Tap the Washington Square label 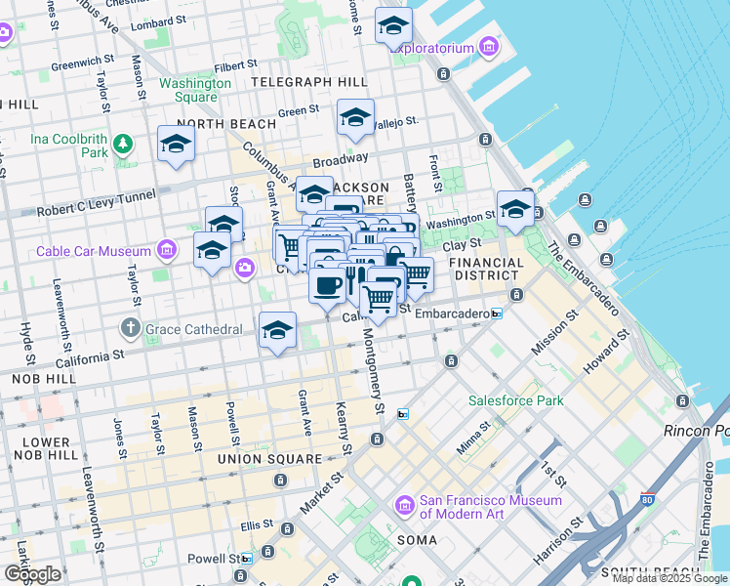(x=195, y=90)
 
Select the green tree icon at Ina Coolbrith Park (x=122, y=146)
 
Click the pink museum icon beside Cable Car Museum (x=168, y=251)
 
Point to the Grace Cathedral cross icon (x=131, y=328)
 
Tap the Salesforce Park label (x=516, y=400)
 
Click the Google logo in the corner (x=32, y=573)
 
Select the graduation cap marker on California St (x=277, y=330)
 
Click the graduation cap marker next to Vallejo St (x=355, y=118)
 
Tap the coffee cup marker (x=326, y=284)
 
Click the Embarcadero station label (x=452, y=314)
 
